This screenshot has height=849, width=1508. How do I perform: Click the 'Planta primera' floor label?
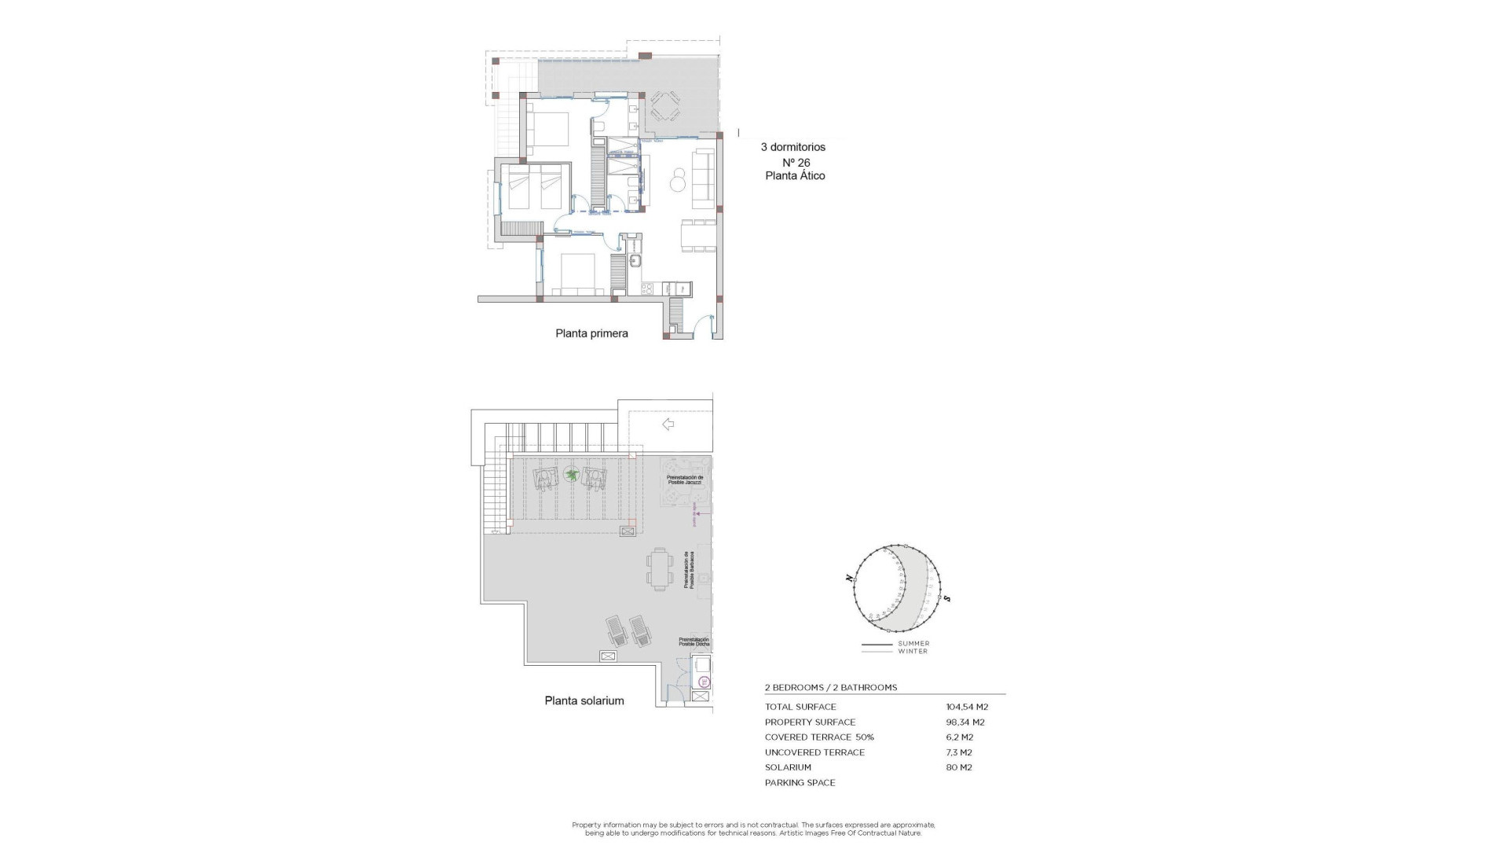591,333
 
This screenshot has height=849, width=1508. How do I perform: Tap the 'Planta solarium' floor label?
584,700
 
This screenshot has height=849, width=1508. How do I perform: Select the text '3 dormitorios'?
793,147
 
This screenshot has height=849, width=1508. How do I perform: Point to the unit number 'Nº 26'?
796,163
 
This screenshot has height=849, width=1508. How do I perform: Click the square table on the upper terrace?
665,105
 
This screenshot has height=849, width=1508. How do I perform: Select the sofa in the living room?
702,175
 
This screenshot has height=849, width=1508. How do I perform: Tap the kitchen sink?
635,261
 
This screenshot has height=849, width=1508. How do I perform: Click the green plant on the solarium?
571,475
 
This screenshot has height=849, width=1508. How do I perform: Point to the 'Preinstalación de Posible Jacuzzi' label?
685,480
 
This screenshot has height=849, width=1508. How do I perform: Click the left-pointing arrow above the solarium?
668,424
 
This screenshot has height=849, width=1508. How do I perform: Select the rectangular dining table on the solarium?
660,568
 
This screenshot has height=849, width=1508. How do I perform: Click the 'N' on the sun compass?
850,578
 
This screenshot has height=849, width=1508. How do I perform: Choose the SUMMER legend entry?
913,644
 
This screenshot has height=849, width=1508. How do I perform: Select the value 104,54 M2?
967,707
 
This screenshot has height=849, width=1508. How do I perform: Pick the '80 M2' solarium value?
959,767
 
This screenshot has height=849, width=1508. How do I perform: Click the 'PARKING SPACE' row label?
800,783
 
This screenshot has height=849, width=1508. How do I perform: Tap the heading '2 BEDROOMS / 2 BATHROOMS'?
830,688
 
